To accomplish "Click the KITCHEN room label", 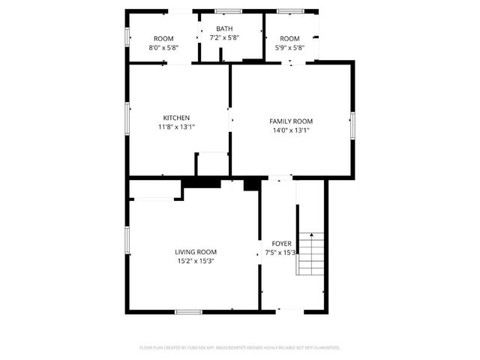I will (x=176, y=118).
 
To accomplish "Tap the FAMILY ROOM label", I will (x=291, y=121).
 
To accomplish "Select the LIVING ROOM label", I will (x=196, y=252).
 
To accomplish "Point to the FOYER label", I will (x=281, y=244).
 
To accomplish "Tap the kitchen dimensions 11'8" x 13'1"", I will (x=176, y=127).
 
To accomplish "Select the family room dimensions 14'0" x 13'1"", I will (x=291, y=130).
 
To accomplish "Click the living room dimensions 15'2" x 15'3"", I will (x=196, y=262).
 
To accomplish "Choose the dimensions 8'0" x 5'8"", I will (x=163, y=48).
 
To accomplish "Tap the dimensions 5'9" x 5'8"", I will (x=289, y=48).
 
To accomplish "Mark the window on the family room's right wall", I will (x=352, y=124).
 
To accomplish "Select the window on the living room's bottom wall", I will (x=188, y=310).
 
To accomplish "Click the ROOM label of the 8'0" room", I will (x=163, y=39).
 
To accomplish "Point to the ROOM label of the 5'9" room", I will (x=289, y=39).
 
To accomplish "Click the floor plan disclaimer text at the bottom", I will (x=240, y=348).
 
